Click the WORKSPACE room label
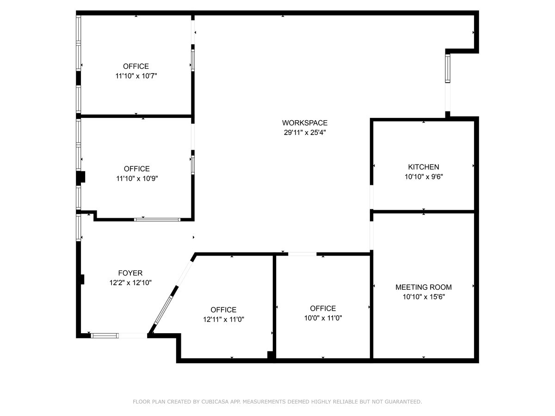click(x=305, y=123)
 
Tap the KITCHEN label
click(x=423, y=167)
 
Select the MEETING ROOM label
click(x=423, y=287)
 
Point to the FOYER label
click(x=130, y=273)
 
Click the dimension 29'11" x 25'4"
click(x=305, y=132)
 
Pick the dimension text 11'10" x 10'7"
click(x=136, y=76)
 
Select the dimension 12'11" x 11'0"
click(x=223, y=319)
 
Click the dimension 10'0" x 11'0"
click(x=323, y=318)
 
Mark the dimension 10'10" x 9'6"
click(x=423, y=177)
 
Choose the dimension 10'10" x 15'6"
click(x=423, y=297)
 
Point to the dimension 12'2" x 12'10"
click(x=130, y=282)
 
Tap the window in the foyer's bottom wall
click(x=105, y=336)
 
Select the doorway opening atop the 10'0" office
click(x=302, y=254)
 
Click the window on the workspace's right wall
click(x=448, y=68)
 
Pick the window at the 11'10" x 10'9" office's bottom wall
click(x=157, y=220)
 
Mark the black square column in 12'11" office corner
click(x=271, y=355)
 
